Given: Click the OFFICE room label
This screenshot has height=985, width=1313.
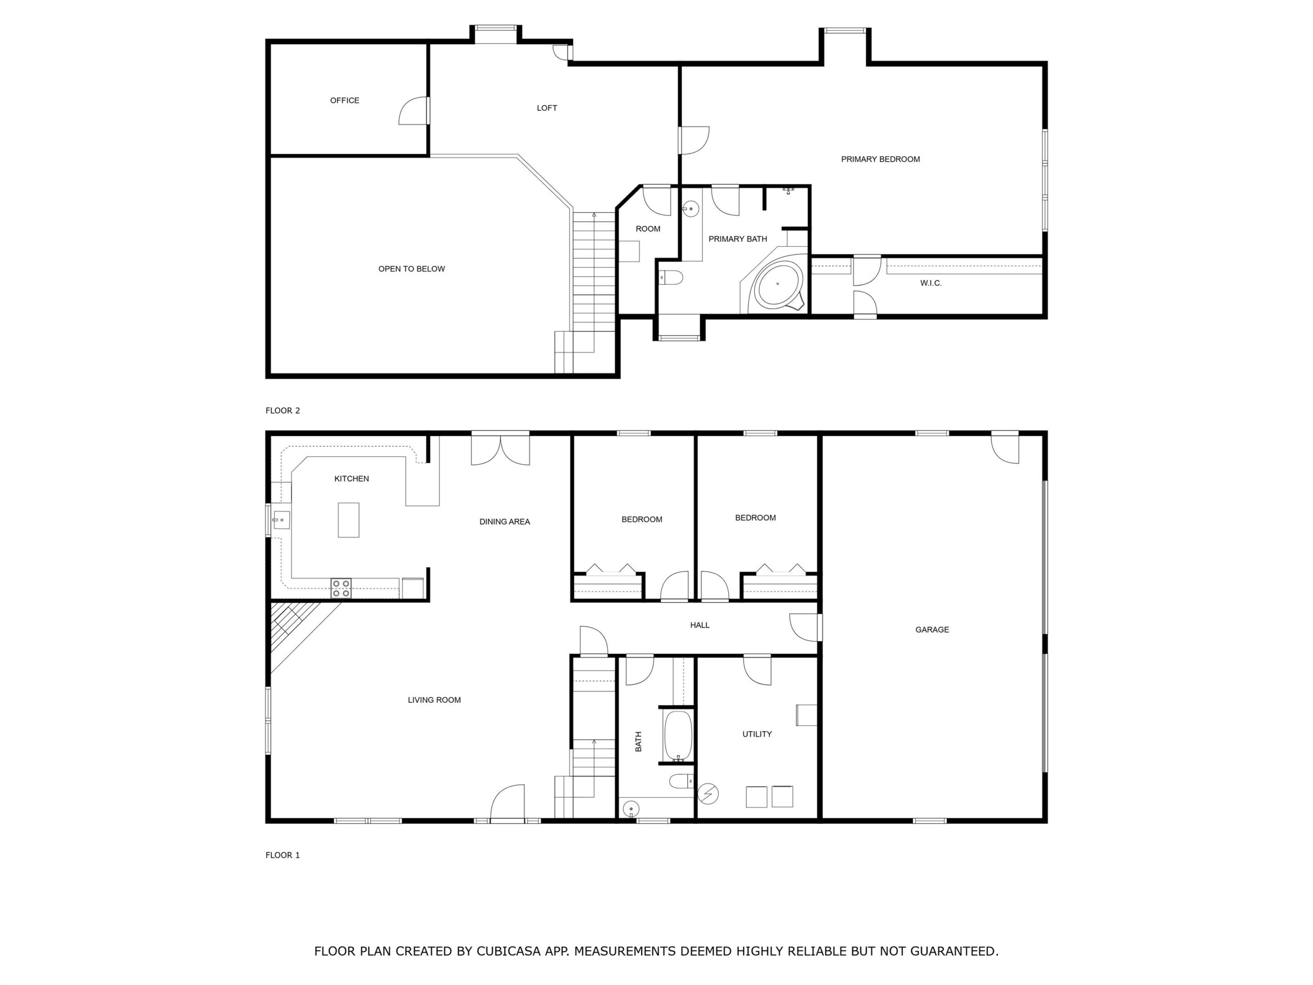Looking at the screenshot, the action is (344, 101).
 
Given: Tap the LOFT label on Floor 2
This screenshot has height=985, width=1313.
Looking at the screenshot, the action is (547, 108).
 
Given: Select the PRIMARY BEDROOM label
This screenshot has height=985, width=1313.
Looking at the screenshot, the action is (880, 159).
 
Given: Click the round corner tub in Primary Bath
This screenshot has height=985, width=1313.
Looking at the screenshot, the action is (777, 284).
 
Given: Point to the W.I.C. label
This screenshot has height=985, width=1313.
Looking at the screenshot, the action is (931, 283).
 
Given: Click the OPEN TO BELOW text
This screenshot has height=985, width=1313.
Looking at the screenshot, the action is (411, 269).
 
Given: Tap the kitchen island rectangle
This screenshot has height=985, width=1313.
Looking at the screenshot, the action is (348, 520).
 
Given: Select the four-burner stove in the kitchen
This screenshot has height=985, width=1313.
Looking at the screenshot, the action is (341, 588).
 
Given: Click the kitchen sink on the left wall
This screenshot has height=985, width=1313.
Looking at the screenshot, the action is (281, 520).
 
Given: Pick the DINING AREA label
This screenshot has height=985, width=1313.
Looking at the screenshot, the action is (505, 522).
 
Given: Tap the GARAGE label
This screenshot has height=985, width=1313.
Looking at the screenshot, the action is (932, 629).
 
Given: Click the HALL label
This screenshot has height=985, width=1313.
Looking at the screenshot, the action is (700, 625).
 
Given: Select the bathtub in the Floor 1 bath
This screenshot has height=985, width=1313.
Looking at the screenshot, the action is (678, 736).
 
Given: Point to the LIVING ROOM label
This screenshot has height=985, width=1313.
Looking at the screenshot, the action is (434, 700).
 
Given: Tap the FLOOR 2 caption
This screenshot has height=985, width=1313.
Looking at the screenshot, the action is (283, 410).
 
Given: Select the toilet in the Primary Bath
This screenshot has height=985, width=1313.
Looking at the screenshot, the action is (672, 277).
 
